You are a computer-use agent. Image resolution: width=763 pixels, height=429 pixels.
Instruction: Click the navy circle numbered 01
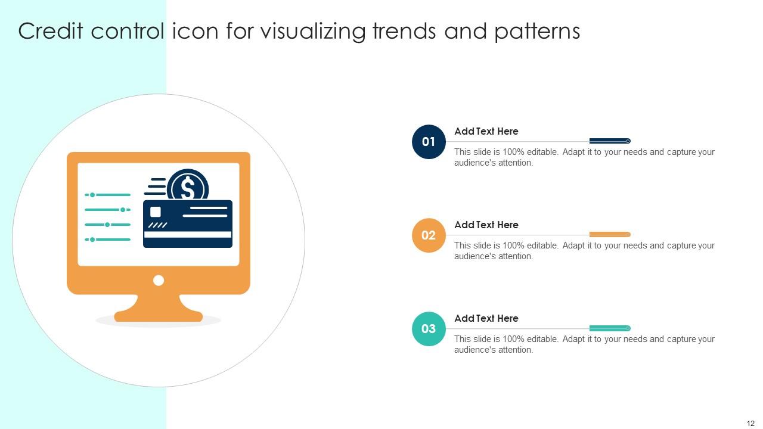[x=429, y=142]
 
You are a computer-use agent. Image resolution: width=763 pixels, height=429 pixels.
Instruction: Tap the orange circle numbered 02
[x=429, y=235]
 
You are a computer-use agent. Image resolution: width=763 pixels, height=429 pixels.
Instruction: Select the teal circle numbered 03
[x=429, y=329]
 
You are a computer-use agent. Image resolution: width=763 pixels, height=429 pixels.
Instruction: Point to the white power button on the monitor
[x=159, y=280]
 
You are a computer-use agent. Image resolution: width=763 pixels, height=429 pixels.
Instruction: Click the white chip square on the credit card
[x=156, y=212]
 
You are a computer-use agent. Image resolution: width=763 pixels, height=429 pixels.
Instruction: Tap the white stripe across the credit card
[x=188, y=235]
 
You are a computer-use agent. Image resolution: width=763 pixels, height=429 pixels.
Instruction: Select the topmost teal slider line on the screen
[x=108, y=195]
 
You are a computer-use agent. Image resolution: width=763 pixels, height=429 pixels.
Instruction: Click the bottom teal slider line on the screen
[x=108, y=240]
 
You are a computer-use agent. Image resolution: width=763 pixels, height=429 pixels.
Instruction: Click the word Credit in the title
[x=51, y=31]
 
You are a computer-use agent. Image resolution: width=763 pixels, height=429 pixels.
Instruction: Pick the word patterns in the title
[x=537, y=31]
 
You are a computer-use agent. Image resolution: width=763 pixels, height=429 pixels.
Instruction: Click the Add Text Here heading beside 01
[x=486, y=131]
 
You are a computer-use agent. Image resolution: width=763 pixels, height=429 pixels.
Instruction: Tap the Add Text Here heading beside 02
[x=486, y=225]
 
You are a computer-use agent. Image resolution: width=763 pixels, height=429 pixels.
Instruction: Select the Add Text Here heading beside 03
[x=486, y=318]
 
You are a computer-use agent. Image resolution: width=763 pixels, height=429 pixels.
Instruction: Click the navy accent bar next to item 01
[x=609, y=141]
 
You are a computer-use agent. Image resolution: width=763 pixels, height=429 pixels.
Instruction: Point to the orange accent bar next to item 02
[x=609, y=235]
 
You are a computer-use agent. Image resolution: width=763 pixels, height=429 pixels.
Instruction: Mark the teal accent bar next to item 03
[x=609, y=328]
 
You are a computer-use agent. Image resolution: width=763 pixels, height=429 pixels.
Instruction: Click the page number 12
[x=750, y=423]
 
